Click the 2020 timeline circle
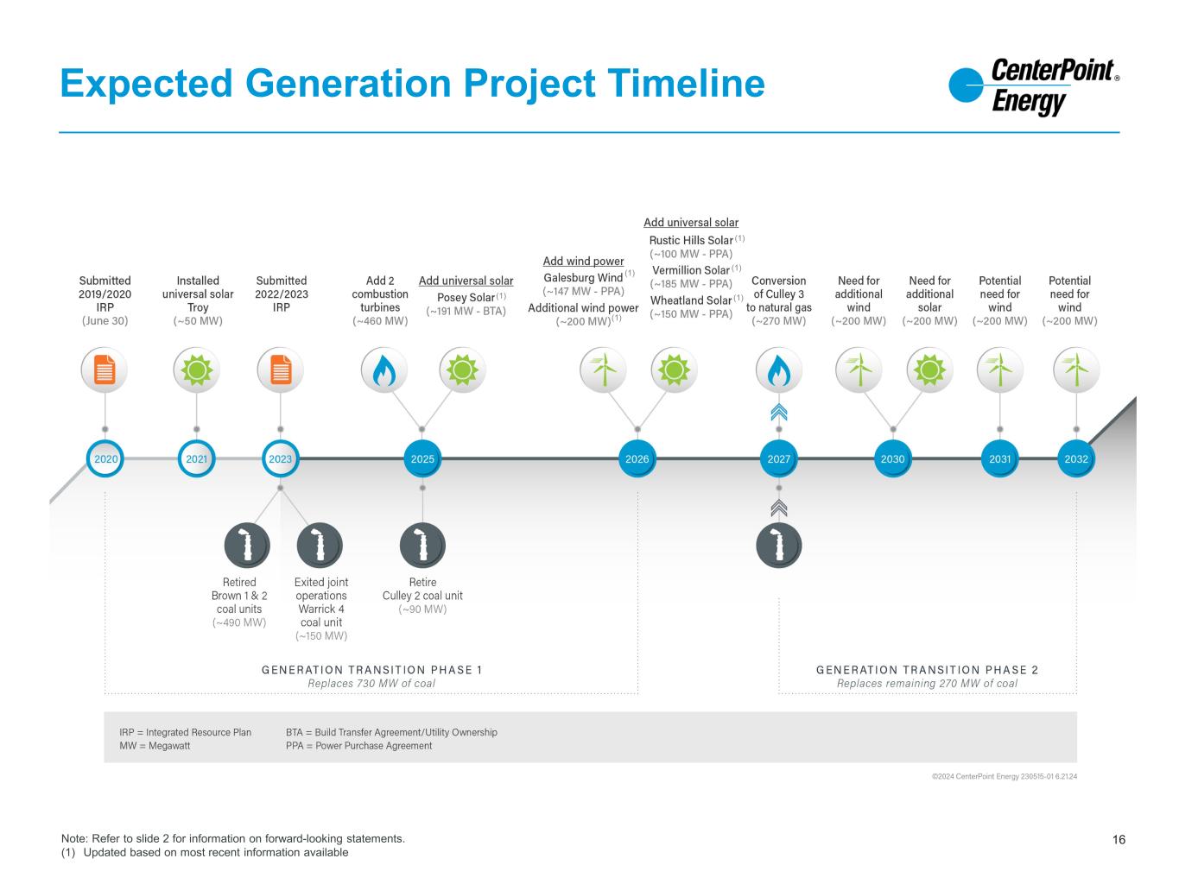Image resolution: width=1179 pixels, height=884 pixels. (x=105, y=459)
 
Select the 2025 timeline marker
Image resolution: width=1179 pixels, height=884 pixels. (x=422, y=459)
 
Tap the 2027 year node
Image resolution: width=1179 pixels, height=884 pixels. (x=779, y=459)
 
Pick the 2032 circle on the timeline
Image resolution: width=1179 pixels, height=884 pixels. (x=1076, y=459)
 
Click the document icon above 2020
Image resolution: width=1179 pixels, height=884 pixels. (x=105, y=370)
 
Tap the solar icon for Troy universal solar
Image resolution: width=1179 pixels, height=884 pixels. (x=197, y=370)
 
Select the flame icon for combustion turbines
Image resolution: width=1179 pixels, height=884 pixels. (x=383, y=370)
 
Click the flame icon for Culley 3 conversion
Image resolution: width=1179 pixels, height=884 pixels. (x=779, y=370)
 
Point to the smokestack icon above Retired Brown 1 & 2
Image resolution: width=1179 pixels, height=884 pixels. (x=247, y=546)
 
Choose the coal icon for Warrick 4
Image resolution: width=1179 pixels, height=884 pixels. (x=320, y=546)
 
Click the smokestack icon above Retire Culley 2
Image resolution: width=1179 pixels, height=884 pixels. (x=422, y=546)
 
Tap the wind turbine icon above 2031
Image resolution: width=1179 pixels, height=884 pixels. (x=999, y=370)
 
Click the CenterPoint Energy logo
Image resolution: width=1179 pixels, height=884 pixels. (x=1033, y=87)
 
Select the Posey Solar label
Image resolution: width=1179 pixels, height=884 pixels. (x=466, y=298)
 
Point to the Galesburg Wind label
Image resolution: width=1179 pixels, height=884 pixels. (x=583, y=278)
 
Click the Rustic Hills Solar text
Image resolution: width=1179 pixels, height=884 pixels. (x=691, y=240)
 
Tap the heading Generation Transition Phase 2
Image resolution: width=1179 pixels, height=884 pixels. (x=927, y=670)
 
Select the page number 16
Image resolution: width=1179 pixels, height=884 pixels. (x=1119, y=840)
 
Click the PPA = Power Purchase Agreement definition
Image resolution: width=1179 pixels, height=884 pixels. (x=358, y=746)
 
